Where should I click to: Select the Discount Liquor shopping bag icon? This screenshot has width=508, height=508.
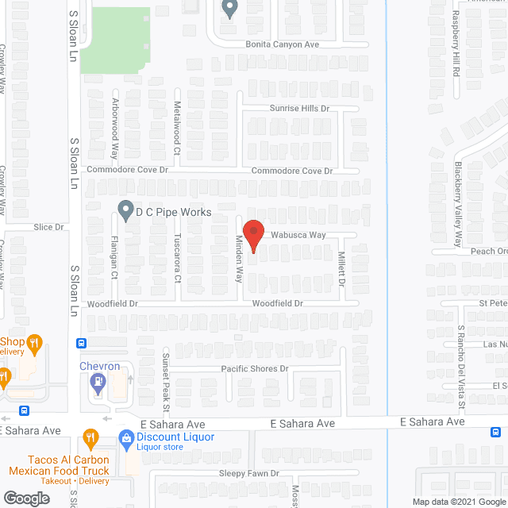tap(125, 437)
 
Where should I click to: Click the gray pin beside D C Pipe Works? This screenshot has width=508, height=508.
tap(125, 210)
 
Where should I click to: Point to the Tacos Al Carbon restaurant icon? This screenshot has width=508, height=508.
tap(91, 437)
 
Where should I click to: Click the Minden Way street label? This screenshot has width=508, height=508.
tap(238, 260)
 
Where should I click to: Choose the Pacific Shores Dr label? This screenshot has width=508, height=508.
tap(255, 369)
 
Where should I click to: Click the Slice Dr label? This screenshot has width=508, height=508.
tap(48, 227)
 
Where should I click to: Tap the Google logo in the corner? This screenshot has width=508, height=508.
tap(25, 498)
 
